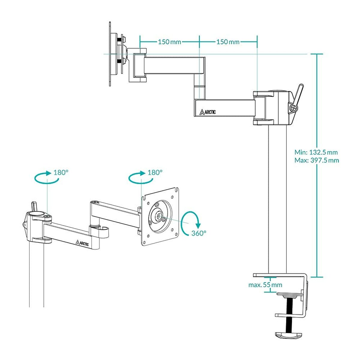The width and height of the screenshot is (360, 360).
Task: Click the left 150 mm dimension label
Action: pos(169,42)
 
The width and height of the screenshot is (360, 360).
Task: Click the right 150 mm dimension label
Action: pos(228,42)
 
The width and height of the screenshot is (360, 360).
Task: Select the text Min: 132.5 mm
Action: pos(316,152)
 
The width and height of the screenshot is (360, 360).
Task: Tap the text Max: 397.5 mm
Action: pos(316,160)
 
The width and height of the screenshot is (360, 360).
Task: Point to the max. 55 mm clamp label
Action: pos(265,285)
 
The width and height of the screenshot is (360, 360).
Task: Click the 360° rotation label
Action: pos(199,233)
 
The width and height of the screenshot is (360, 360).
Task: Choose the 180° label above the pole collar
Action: pos(61,172)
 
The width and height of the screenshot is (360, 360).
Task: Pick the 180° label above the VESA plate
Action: pos(155,172)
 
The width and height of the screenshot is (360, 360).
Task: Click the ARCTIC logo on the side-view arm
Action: pos(207,112)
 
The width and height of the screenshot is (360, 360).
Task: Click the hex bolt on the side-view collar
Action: pos(293,108)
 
